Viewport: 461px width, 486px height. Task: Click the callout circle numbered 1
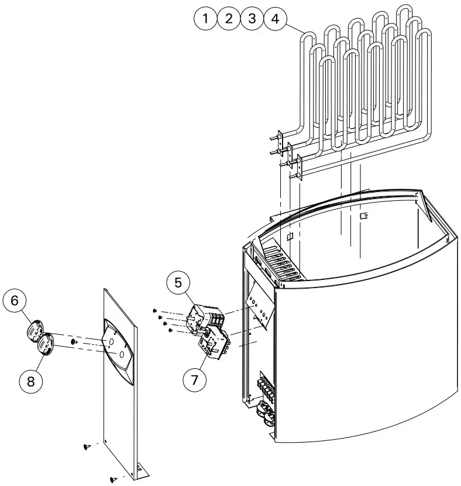pos(205,19)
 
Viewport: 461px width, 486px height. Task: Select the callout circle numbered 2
pos(229,19)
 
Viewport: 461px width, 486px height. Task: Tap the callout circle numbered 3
pos(252,19)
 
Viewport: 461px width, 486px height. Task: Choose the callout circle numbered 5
pos(178,283)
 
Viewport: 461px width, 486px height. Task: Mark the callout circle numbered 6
pos(15,300)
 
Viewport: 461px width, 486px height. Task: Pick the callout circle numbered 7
pos(195,379)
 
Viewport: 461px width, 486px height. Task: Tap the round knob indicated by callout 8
pos(46,344)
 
